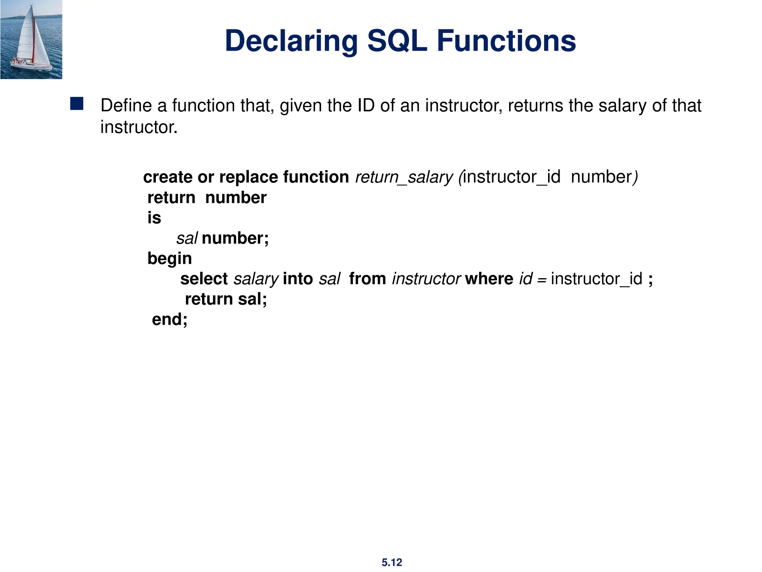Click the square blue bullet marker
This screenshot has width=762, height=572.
pyautogui.click(x=77, y=104)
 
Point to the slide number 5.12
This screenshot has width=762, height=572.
pyautogui.click(x=392, y=562)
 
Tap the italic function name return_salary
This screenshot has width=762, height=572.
pyautogui.click(x=404, y=177)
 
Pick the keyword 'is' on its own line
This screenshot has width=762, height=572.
pyautogui.click(x=154, y=218)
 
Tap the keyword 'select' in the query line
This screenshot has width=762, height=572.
pyautogui.click(x=204, y=279)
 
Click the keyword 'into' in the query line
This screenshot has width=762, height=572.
pyautogui.click(x=298, y=279)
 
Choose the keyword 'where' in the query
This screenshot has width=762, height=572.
pyautogui.click(x=489, y=279)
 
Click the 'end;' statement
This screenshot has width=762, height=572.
pyautogui.click(x=170, y=320)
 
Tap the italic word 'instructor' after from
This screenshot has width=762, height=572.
pyautogui.click(x=426, y=279)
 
